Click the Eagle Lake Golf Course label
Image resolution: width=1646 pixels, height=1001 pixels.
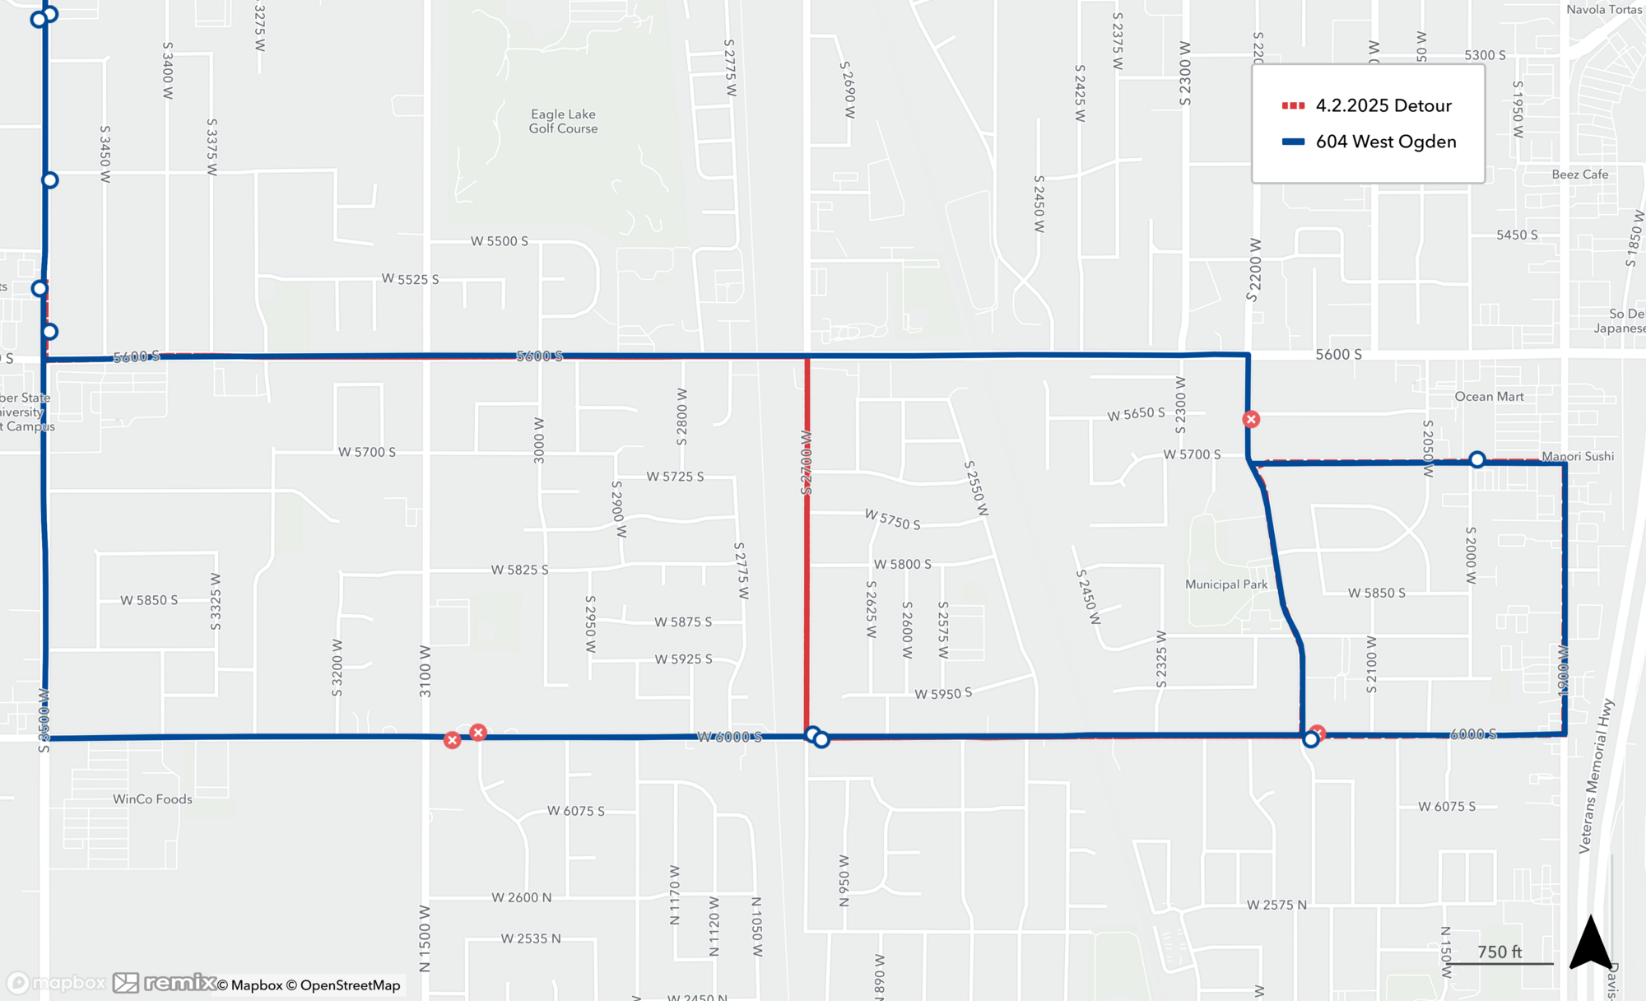(x=563, y=121)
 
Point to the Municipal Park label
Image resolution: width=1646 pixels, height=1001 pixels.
(x=1225, y=584)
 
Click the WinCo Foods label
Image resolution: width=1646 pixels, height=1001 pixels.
(x=152, y=799)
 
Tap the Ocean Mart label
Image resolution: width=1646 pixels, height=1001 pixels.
(x=1489, y=397)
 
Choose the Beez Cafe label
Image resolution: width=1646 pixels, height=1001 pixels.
(x=1579, y=175)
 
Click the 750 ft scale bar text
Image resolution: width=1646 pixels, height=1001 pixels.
(x=1499, y=952)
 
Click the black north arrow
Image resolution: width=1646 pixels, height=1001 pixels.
(x=1590, y=943)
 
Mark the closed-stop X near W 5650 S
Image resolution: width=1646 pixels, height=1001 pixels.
(x=1251, y=420)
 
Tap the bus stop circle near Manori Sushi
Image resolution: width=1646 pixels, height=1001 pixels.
(x=1477, y=459)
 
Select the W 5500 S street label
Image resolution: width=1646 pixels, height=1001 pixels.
(x=500, y=241)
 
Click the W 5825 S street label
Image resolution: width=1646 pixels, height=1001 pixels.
(x=519, y=570)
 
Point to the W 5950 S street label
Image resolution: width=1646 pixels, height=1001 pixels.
(x=943, y=694)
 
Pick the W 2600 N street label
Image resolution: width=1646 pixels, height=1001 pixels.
(x=521, y=897)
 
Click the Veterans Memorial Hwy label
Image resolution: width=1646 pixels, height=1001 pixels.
(x=1597, y=776)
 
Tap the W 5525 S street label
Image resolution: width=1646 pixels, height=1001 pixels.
(x=410, y=279)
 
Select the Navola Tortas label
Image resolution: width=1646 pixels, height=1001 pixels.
(x=1604, y=10)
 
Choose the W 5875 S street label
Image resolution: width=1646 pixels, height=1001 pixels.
(x=683, y=622)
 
